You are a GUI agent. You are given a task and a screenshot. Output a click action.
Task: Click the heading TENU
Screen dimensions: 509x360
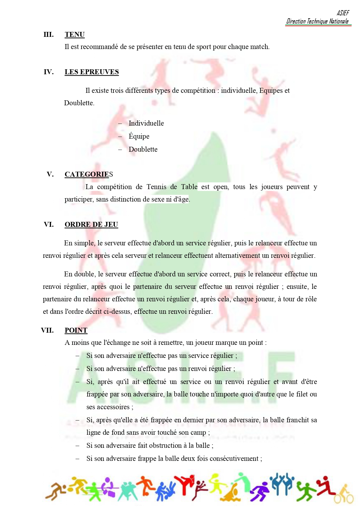click(75, 35)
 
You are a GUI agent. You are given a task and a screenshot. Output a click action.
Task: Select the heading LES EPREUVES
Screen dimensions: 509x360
click(92, 72)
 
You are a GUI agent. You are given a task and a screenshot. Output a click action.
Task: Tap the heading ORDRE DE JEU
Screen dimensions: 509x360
click(91, 224)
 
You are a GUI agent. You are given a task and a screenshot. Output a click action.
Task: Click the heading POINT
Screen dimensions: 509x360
click(76, 330)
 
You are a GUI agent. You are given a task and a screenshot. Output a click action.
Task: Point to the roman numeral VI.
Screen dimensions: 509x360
click(49, 224)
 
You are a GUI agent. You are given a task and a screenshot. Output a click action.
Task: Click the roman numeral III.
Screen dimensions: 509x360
click(48, 35)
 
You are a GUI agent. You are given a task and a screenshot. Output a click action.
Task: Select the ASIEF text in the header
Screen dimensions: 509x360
click(343, 13)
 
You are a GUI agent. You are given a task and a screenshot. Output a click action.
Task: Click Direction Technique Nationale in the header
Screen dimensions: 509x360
click(317, 21)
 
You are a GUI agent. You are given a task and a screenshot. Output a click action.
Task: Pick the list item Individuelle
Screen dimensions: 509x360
click(146, 123)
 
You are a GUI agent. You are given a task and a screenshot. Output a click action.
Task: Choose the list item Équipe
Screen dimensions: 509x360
click(139, 136)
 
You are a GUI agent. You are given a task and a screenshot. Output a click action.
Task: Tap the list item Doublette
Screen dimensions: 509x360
click(143, 149)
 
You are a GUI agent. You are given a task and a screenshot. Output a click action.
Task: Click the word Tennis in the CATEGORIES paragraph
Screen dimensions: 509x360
click(156, 187)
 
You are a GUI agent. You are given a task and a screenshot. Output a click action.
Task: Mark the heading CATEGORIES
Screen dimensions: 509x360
click(88, 174)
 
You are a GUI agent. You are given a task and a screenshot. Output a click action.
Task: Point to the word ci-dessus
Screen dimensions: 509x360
click(117, 311)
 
